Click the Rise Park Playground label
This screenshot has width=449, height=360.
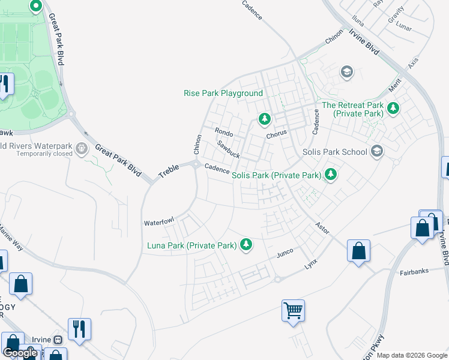(x=223, y=94)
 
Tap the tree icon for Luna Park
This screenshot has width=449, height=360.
(x=246, y=244)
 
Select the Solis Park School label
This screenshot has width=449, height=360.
(x=335, y=152)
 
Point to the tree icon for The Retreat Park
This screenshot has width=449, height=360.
(x=393, y=108)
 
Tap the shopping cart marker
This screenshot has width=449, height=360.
(x=294, y=311)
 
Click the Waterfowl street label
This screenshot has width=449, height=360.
(x=158, y=223)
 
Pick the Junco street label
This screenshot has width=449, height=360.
(x=285, y=254)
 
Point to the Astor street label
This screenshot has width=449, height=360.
(x=322, y=228)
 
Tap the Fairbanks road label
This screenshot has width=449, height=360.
(x=414, y=272)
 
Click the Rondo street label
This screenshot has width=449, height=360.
(x=224, y=133)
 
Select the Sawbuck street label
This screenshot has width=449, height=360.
(x=229, y=150)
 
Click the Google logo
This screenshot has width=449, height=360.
(x=20, y=353)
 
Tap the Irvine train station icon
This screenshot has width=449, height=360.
(x=58, y=339)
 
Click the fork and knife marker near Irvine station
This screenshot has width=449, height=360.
(x=79, y=329)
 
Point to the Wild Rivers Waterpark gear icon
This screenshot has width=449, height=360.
(x=83, y=148)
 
